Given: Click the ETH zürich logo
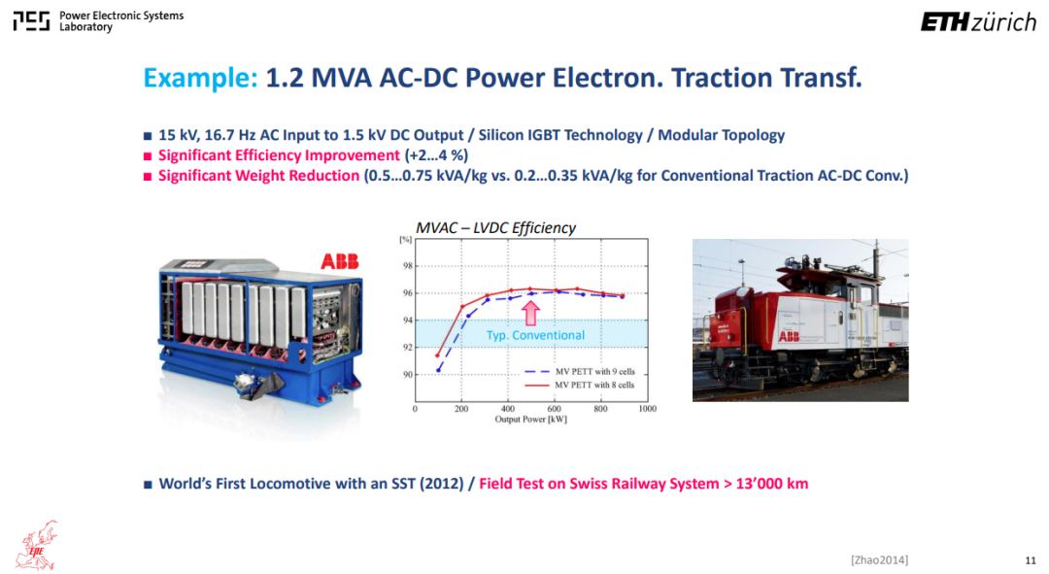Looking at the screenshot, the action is pyautogui.click(x=978, y=22).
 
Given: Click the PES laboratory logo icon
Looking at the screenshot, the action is pyautogui.click(x=31, y=20).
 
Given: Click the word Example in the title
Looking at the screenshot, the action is pyautogui.click(x=200, y=78).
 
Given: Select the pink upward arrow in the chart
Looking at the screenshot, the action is pyautogui.click(x=530, y=313).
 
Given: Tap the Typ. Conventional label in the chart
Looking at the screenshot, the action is pyautogui.click(x=535, y=335).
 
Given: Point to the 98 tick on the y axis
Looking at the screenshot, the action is pyautogui.click(x=407, y=265).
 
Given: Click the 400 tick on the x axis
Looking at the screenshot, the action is pyautogui.click(x=508, y=409).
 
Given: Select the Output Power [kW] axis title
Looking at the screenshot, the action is pyautogui.click(x=530, y=420).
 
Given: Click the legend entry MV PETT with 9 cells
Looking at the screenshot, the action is pyautogui.click(x=579, y=371).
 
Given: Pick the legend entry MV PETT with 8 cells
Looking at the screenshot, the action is pyautogui.click(x=579, y=385).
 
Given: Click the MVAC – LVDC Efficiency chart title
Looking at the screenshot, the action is pyautogui.click(x=495, y=228).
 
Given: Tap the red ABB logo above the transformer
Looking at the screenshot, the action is pyautogui.click(x=340, y=261).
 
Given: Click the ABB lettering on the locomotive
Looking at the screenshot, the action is pyautogui.click(x=789, y=336).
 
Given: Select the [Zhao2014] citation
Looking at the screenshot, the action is pyautogui.click(x=879, y=560).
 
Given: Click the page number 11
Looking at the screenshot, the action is pyautogui.click(x=1031, y=560).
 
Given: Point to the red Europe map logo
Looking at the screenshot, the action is pyautogui.click(x=37, y=545).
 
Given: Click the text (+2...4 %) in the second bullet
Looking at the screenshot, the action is pyautogui.click(x=436, y=155).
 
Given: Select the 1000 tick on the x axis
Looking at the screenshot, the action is pyautogui.click(x=647, y=409).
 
